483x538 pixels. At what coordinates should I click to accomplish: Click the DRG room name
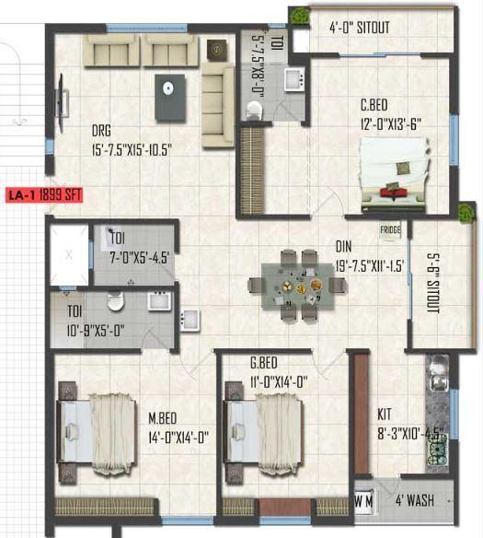102,130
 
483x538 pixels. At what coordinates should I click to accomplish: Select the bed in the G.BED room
265,430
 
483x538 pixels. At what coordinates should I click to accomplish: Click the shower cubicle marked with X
68,253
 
